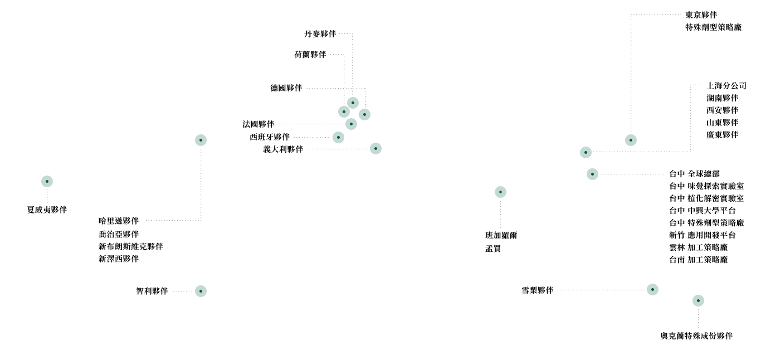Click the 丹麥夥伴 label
tap(320, 34)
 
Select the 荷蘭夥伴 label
tap(310, 55)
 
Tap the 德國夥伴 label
tap(286, 88)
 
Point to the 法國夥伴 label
tap(258, 124)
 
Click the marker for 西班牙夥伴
tap(338, 137)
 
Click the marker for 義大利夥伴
tap(375, 149)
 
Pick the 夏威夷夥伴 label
tap(47, 210)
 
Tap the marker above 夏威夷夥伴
tap(47, 182)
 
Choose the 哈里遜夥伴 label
tap(119, 221)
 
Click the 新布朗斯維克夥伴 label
tap(131, 246)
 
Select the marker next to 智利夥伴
tap(201, 291)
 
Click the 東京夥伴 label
tap(701, 15)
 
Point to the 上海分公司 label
tap(726, 86)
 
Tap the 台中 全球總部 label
tap(694, 174)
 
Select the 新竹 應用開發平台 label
tap(703, 235)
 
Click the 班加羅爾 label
tap(501, 235)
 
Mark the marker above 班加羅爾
tap(500, 192)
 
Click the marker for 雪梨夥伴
tap(652, 290)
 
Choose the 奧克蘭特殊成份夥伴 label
tap(696, 336)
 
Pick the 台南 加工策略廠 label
tap(698, 260)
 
